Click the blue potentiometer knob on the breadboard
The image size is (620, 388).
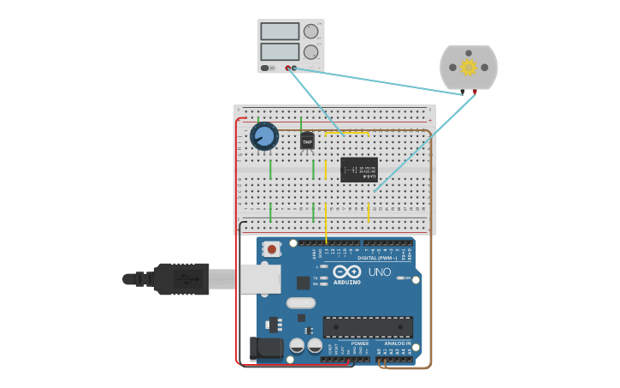[264, 136]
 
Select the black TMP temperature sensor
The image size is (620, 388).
[307, 140]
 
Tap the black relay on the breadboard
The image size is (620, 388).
[359, 169]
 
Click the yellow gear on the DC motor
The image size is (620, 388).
[468, 67]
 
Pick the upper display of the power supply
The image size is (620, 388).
[280, 32]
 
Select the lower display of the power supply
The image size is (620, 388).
[280, 51]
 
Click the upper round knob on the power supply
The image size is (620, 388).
[310, 32]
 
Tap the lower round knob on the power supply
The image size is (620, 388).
[310, 52]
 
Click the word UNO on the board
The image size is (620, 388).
[380, 272]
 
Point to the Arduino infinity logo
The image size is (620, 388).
[347, 272]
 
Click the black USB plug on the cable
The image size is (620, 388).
[181, 278]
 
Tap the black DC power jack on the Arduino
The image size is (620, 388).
[265, 349]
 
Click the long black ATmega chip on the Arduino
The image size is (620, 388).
[368, 326]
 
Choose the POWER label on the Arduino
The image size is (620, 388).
[360, 343]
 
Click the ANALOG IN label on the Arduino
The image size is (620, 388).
[396, 343]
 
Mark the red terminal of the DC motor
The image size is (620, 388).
[475, 92]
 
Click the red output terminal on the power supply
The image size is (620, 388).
[287, 68]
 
